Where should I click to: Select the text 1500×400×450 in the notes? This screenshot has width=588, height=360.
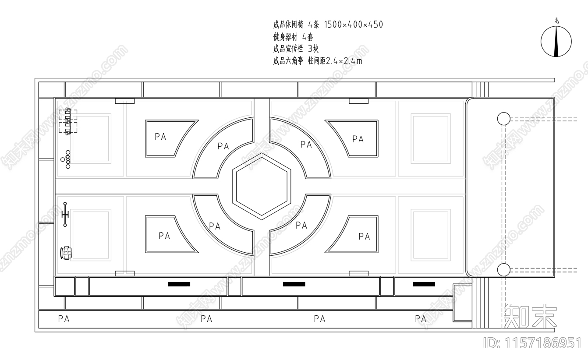point(354,25)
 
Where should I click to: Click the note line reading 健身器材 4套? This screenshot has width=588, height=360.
point(293,37)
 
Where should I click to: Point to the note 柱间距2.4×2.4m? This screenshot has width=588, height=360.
point(335,61)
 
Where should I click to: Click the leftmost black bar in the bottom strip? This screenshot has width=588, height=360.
point(179,284)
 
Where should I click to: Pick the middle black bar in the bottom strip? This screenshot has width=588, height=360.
point(294,284)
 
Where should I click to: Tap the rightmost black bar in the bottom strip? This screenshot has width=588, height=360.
point(424,284)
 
